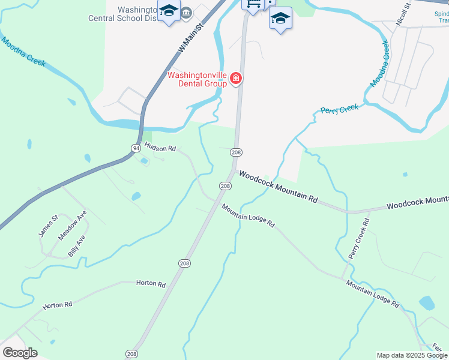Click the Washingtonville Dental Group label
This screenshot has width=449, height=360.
[x=197, y=79]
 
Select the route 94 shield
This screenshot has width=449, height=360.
[x=136, y=148]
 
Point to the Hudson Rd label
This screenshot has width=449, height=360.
[x=160, y=148]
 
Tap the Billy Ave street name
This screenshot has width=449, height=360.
[x=77, y=245]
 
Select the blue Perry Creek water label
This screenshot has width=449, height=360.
[x=340, y=109]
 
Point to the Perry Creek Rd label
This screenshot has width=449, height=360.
[x=359, y=239]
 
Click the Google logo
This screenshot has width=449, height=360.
[x=20, y=352]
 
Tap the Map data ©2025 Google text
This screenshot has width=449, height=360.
[x=412, y=355]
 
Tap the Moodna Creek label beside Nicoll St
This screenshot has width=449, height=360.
[x=380, y=64]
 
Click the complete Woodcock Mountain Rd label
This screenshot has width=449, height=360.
[x=278, y=187]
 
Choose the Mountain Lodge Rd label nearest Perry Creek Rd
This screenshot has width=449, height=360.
[x=372, y=294]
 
